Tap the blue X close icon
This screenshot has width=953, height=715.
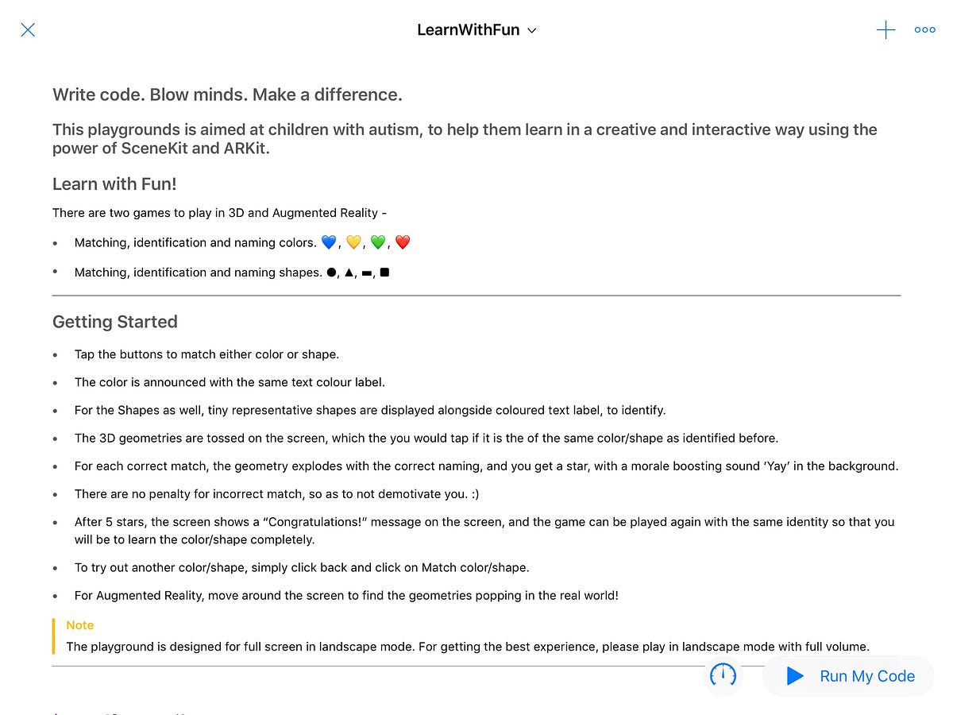(x=28, y=30)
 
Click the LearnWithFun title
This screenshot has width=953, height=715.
(x=469, y=30)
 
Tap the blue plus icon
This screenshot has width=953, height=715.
(x=885, y=30)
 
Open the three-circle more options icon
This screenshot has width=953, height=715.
(x=925, y=30)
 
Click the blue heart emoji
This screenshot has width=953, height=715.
(x=329, y=242)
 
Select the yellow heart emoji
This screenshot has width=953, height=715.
(x=353, y=242)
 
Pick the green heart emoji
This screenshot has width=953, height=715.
(x=378, y=242)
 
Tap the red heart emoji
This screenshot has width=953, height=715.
(x=403, y=242)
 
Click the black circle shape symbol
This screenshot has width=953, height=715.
(x=330, y=272)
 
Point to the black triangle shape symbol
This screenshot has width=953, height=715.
(x=349, y=272)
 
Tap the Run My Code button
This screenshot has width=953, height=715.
(x=850, y=676)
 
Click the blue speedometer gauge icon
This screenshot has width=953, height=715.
(x=723, y=676)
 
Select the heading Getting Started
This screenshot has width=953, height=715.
(x=115, y=322)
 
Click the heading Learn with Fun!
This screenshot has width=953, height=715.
(x=114, y=184)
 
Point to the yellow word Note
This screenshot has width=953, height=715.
(x=80, y=625)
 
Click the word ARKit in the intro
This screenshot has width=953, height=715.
(x=242, y=148)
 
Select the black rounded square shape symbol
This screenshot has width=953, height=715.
(x=384, y=272)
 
